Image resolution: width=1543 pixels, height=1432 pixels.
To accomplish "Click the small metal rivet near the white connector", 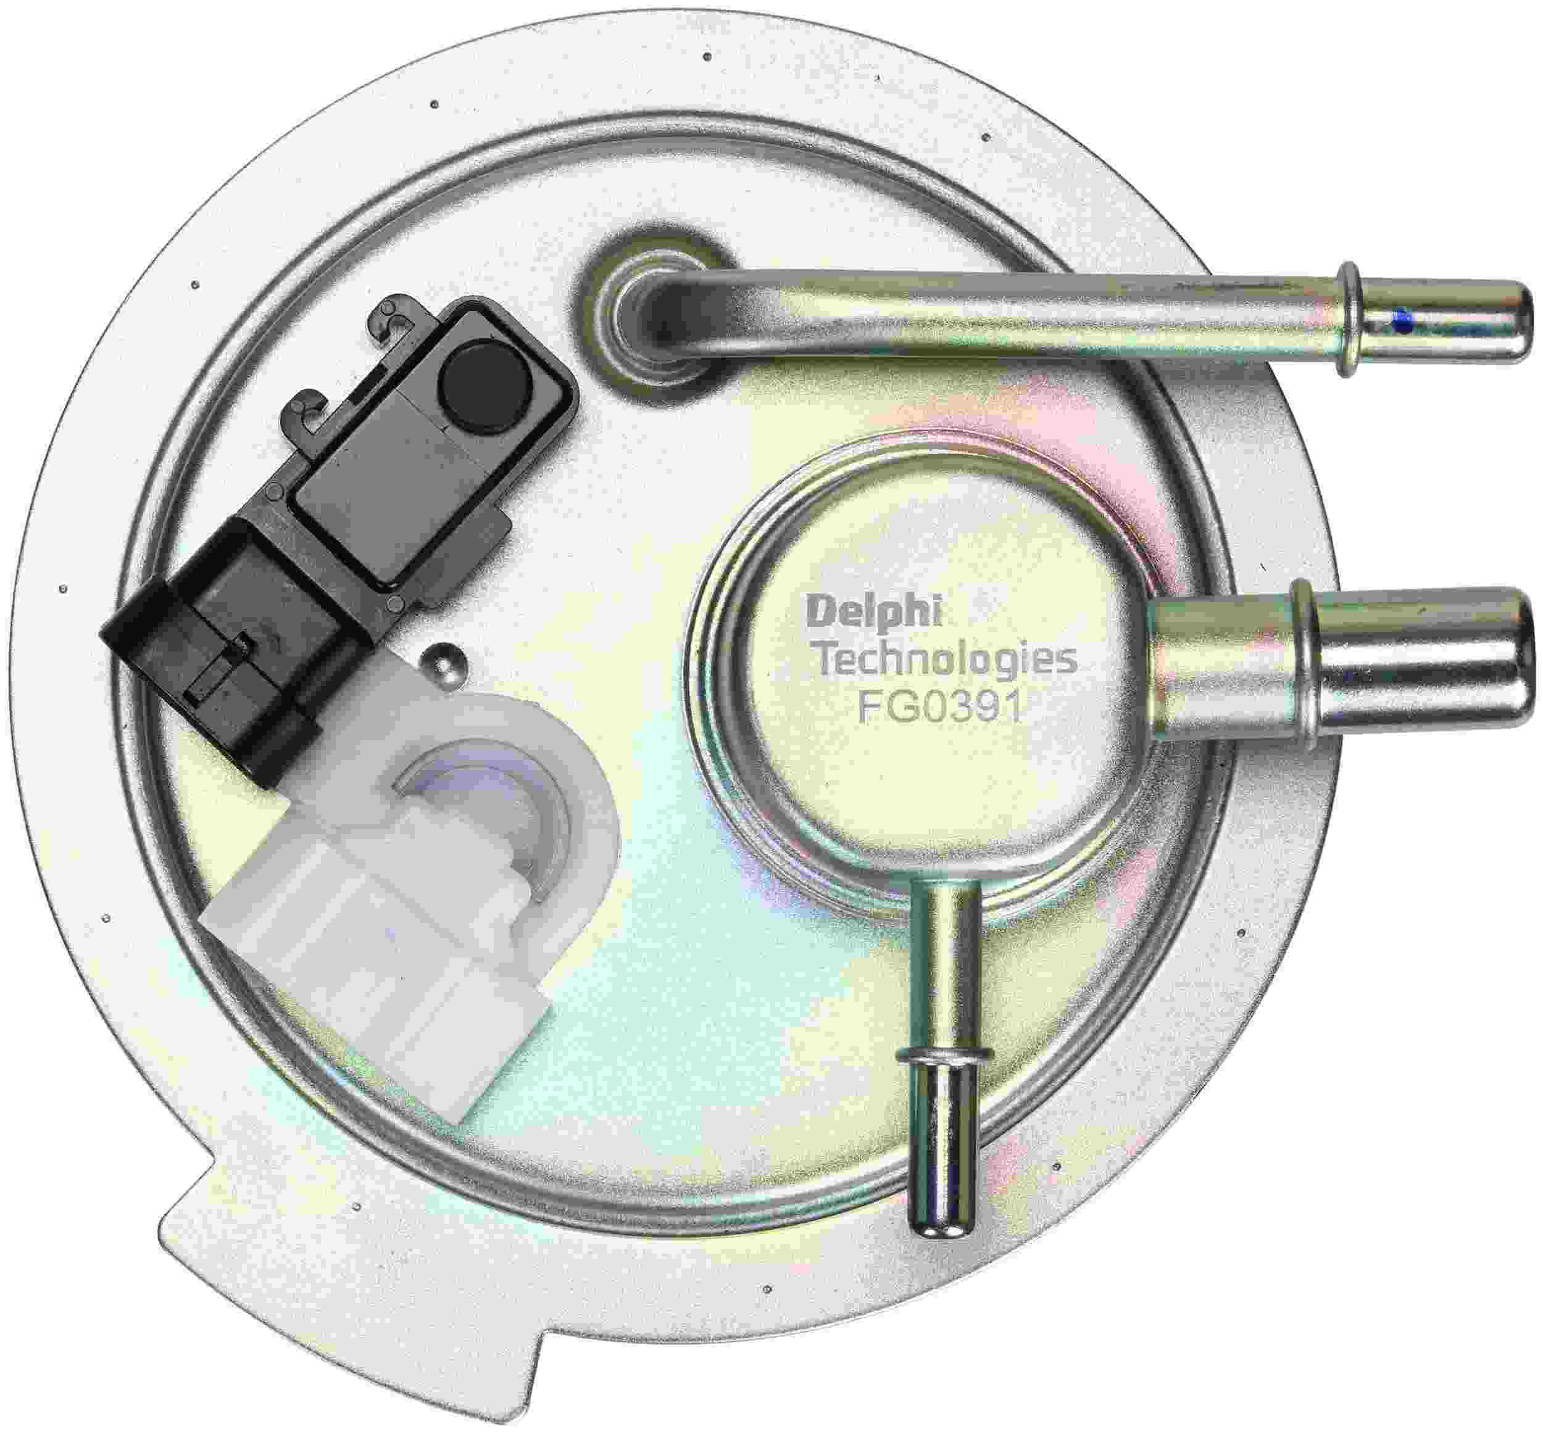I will click(x=443, y=661).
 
